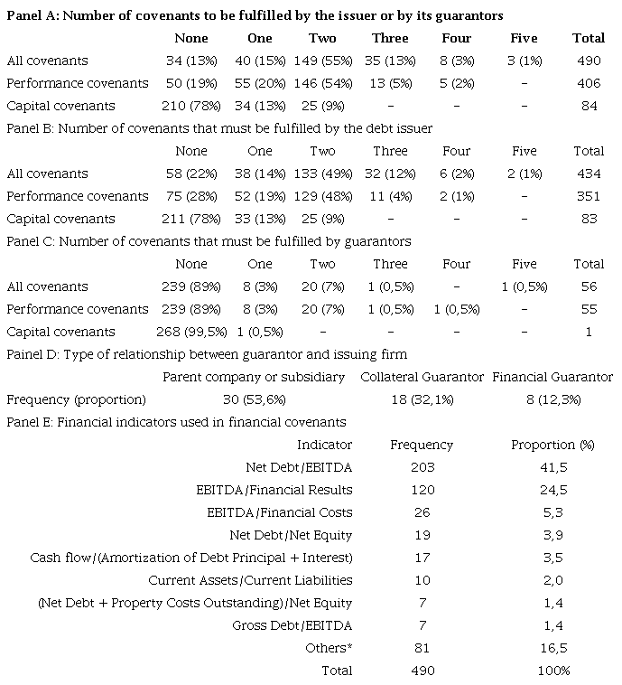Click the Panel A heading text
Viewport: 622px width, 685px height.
tap(255, 16)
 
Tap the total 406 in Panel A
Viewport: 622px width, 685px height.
tap(589, 83)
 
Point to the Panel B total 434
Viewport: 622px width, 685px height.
tap(589, 174)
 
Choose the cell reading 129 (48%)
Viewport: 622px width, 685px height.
tap(322, 196)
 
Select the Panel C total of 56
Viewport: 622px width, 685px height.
tap(589, 286)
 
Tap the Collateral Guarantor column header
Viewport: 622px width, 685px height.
tap(422, 377)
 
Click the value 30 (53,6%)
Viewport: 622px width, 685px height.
tap(253, 399)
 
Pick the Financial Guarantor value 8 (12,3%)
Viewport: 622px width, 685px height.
tap(552, 399)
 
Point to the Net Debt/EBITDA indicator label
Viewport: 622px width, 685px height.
tap(299, 467)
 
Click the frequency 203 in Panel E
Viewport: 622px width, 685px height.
tap(422, 467)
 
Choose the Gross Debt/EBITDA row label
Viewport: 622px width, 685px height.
tap(303, 625)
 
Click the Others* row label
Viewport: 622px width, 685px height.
tap(329, 648)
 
